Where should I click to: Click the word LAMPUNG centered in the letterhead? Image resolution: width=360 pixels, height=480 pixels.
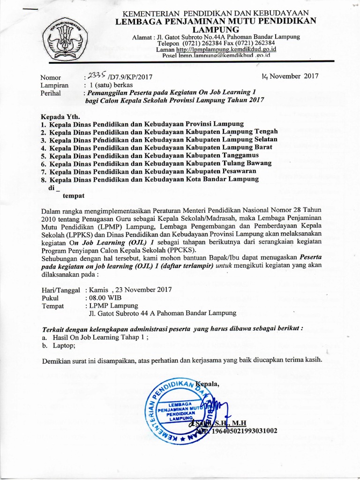[x=216, y=29]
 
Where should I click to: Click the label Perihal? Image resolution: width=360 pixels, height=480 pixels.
[x=51, y=93]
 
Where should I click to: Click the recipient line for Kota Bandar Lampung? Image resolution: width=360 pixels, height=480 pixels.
[x=149, y=180]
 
